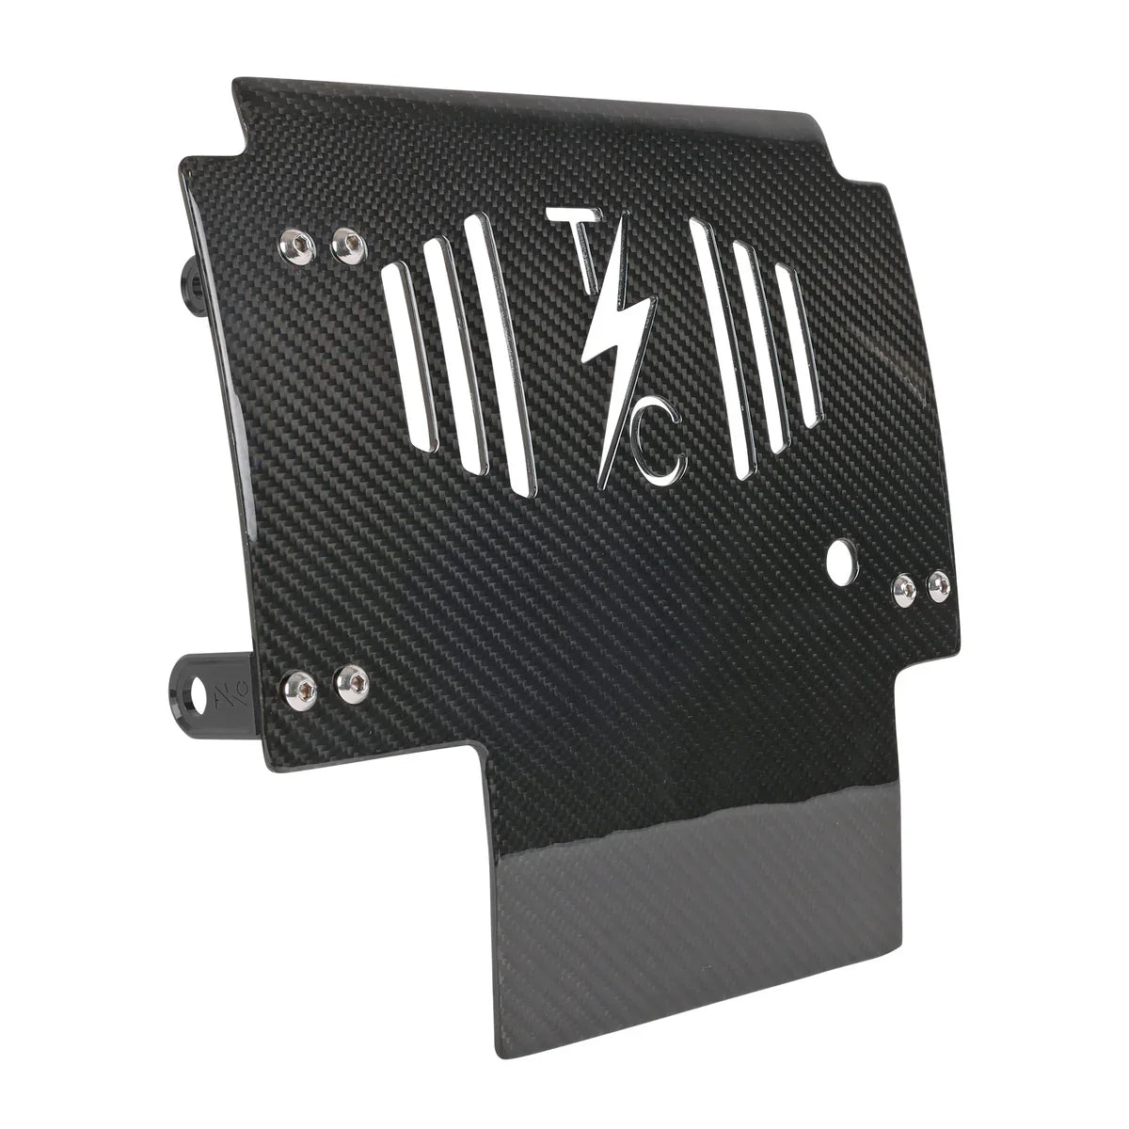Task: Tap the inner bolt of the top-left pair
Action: (348, 246)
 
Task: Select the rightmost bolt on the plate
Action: (938, 587)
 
